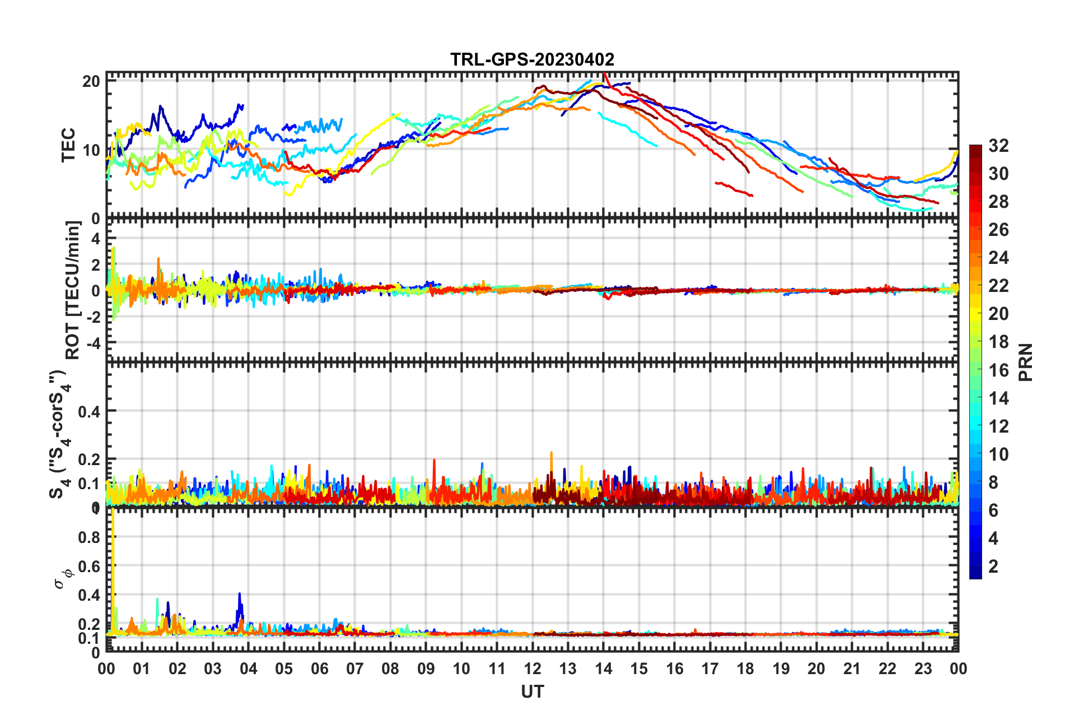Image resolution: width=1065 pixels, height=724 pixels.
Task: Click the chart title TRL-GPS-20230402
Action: (532, 59)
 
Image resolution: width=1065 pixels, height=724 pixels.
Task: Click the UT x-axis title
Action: (532, 692)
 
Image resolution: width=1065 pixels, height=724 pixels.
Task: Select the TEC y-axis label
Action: (68, 145)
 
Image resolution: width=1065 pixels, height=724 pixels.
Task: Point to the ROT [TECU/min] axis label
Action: (73, 290)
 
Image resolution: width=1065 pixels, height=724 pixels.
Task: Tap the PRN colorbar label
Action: (1025, 363)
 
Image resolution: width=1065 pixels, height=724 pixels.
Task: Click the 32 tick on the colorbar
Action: (998, 146)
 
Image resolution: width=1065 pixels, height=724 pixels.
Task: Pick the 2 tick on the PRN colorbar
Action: (993, 566)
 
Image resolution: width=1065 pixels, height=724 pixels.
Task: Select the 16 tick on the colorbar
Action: (998, 370)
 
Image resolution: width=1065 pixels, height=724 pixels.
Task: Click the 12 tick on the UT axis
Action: (532, 669)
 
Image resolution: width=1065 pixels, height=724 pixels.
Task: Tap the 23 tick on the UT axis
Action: (923, 669)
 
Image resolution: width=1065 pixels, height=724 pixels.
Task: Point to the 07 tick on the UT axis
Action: (355, 669)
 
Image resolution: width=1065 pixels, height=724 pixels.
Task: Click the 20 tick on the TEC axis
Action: (91, 81)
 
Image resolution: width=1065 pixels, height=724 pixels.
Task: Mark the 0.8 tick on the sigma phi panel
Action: (89, 537)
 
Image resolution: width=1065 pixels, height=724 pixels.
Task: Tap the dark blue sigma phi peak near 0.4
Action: (240, 595)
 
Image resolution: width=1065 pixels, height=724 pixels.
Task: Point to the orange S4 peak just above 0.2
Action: (552, 453)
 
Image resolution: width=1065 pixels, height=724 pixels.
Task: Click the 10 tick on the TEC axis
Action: (91, 150)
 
